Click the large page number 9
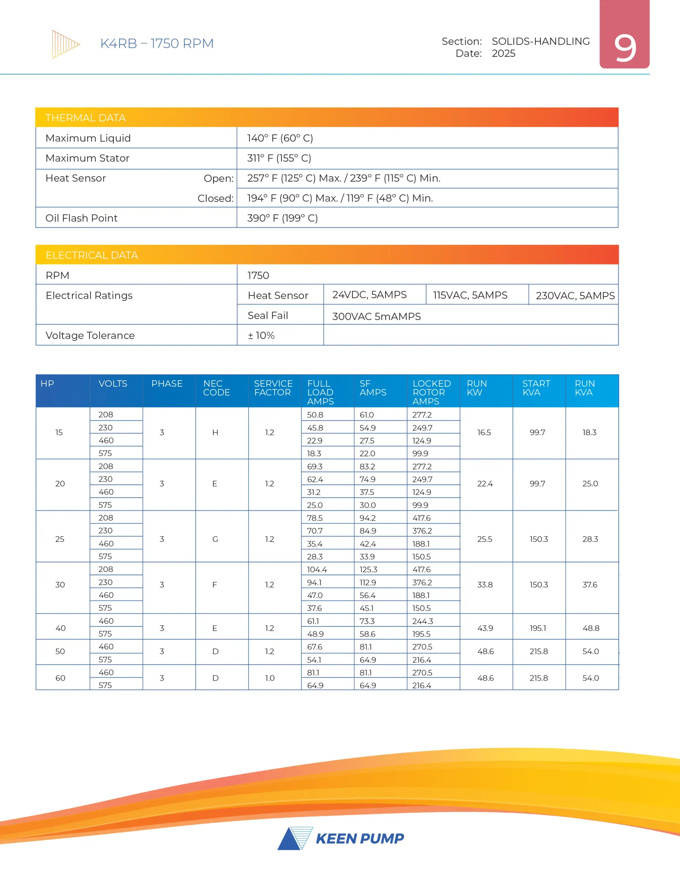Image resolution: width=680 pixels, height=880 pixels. tap(625, 48)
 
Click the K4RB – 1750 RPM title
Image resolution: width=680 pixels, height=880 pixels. tap(157, 44)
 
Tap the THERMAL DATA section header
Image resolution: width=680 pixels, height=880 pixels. tap(86, 118)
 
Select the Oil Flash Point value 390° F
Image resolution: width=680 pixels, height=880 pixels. tap(282, 218)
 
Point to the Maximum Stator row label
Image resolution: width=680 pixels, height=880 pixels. tap(87, 158)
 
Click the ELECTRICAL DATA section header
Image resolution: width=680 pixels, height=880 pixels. tap(91, 255)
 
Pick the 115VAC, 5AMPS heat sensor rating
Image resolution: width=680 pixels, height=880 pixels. tap(470, 295)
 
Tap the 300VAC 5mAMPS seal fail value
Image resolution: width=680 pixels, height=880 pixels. tap(376, 316)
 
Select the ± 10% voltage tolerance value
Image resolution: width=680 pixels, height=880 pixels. tap(261, 335)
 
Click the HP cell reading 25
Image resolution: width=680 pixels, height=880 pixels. tap(60, 539)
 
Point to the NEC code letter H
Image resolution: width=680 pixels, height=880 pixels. tap(215, 432)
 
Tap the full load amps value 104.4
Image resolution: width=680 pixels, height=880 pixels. tap(317, 569)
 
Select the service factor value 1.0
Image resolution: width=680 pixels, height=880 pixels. tap(270, 678)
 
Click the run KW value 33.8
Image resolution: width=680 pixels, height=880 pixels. tap(485, 585)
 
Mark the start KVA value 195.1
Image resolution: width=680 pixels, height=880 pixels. tap(538, 628)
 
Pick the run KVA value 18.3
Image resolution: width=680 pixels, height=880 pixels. tap(589, 432)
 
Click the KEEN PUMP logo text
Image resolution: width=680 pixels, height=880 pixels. tap(360, 838)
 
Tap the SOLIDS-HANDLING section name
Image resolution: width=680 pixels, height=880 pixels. tap(540, 41)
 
